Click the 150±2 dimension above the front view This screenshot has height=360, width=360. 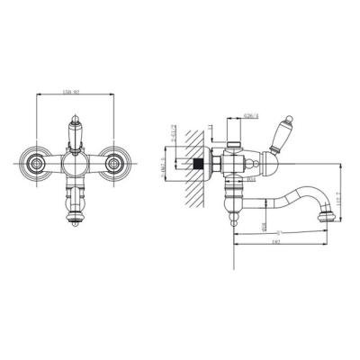click(74, 93)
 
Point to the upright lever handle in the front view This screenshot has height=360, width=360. click(74, 132)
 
